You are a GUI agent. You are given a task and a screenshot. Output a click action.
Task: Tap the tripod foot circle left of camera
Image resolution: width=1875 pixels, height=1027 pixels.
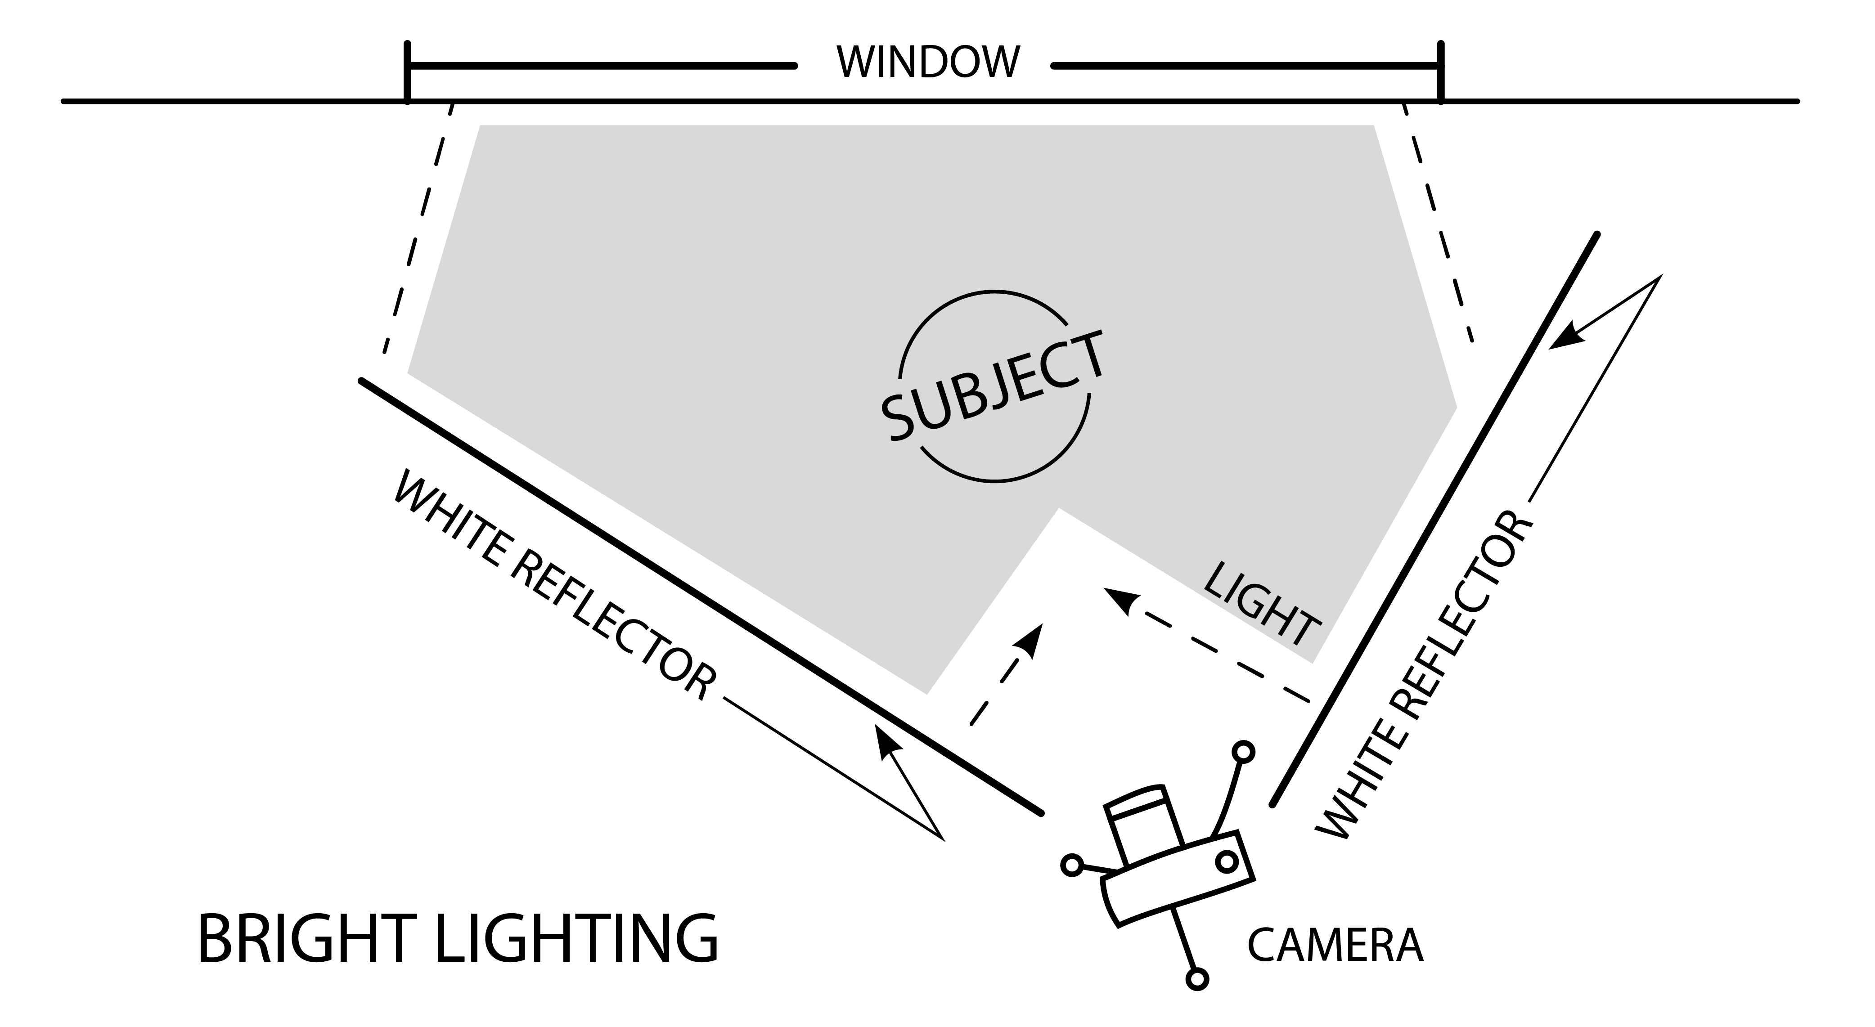point(1071,865)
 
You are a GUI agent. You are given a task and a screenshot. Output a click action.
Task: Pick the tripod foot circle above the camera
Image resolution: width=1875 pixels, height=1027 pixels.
point(1244,751)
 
